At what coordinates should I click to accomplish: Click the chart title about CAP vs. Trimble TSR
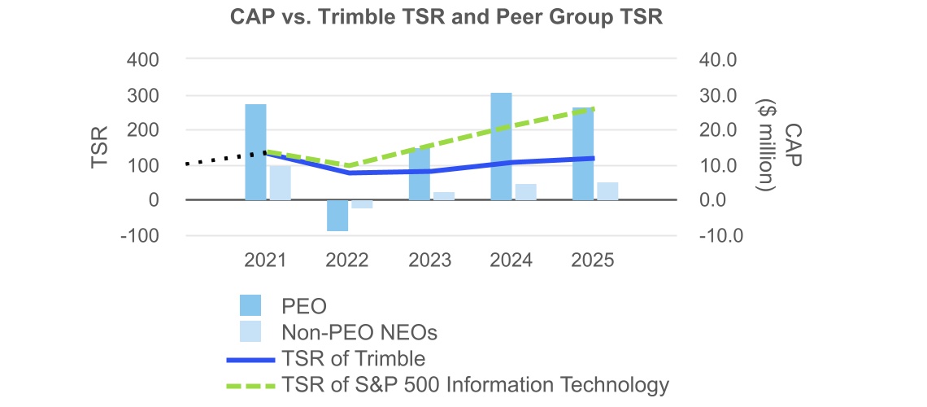coord(463,19)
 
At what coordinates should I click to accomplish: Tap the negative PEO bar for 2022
coord(337,216)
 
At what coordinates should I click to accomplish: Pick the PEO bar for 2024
coord(501,147)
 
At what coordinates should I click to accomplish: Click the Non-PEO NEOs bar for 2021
coord(281,182)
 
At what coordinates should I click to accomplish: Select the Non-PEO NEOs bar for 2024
coord(526,192)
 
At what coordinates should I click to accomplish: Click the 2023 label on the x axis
coord(429,260)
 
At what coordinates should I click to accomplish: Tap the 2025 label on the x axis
coord(593,260)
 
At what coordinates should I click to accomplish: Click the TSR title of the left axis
coord(100,147)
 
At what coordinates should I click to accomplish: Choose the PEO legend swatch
coord(250,306)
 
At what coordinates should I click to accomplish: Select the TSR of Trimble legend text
coord(353,358)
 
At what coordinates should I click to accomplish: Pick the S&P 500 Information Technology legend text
coord(475,384)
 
